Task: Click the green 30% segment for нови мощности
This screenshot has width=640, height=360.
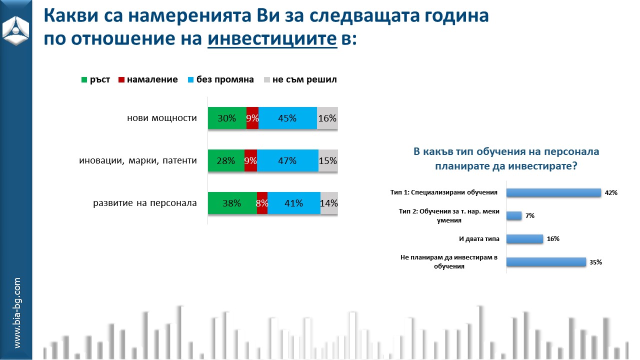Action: tap(227, 118)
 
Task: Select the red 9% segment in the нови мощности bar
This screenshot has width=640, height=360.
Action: tap(252, 118)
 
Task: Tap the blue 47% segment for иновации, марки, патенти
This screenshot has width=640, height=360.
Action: tap(287, 161)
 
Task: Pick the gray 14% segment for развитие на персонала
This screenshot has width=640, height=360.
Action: tap(329, 203)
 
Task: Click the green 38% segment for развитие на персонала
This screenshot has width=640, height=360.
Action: tap(232, 203)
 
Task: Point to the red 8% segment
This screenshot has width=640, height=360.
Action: tap(262, 203)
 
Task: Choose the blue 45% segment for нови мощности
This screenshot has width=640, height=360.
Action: tap(287, 118)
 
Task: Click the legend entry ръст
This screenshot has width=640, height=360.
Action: tap(96, 79)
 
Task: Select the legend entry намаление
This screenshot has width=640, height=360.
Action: tap(148, 79)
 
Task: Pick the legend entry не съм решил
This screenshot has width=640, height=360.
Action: tap(300, 79)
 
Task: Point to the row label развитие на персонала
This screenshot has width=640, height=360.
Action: tap(145, 203)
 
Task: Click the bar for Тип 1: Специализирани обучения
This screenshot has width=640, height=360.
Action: tap(553, 192)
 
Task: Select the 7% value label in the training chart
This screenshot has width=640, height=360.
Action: tap(530, 216)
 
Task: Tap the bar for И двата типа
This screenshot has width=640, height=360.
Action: tap(524, 238)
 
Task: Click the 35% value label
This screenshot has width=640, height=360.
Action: tap(595, 262)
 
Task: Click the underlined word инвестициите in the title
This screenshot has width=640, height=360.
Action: tap(272, 39)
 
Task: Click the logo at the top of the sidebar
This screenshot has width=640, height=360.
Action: tap(16, 28)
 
